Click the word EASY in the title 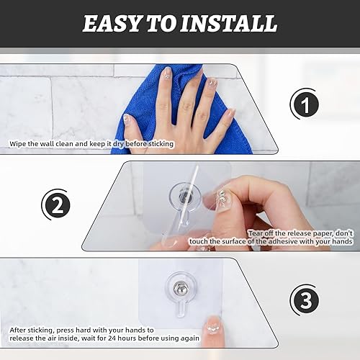[112, 24]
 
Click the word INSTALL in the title [229, 24]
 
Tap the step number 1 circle [305, 104]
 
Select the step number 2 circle [57, 205]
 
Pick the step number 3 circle [305, 300]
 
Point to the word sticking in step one [161, 144]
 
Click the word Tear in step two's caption [256, 233]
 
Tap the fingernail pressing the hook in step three [212, 325]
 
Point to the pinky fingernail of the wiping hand [231, 112]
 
